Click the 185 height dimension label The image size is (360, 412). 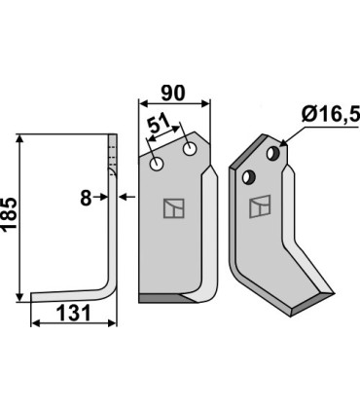coord(9,214)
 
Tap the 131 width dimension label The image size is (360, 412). coord(73,314)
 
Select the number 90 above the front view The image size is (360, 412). coord(173,94)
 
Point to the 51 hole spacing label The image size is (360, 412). coord(160,124)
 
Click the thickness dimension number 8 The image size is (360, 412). coord(86,199)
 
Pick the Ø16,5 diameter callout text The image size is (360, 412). coord(331,114)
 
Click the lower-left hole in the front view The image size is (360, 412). coord(157,165)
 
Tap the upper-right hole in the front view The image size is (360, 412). coord(190,149)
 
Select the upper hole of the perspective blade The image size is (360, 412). coord(273,153)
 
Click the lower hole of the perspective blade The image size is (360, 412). coord(249,177)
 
